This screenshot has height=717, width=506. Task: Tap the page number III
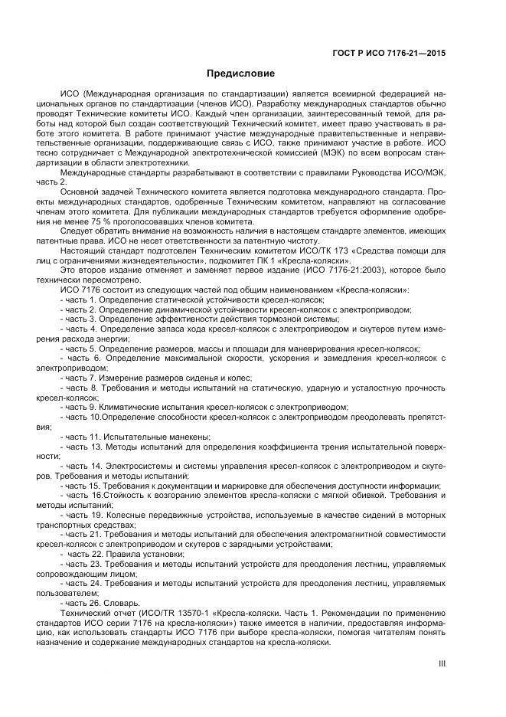pos(442,664)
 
